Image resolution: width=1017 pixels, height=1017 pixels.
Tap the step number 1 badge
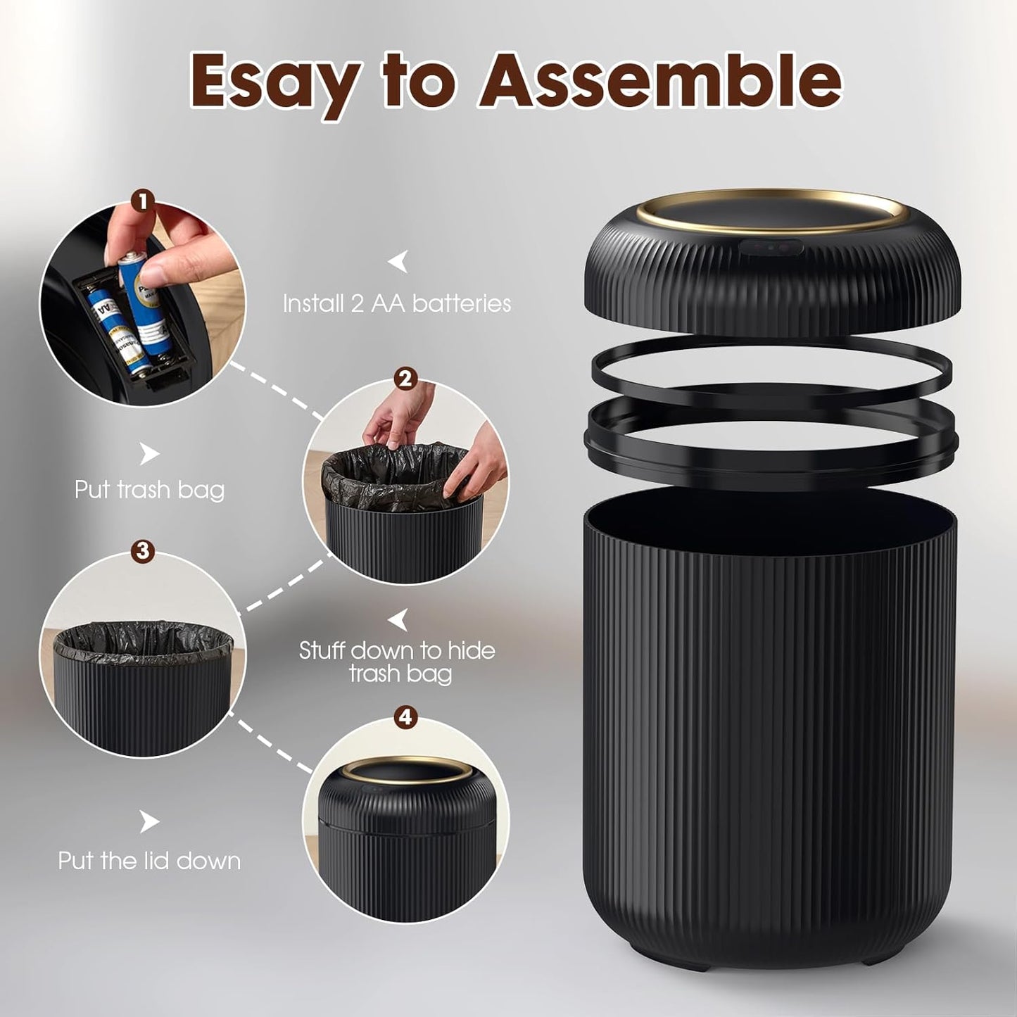point(143,203)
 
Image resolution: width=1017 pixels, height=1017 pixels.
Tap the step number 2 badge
point(405,379)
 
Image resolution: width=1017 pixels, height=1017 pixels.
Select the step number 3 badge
point(143,550)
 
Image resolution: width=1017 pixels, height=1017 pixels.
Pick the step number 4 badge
point(405,717)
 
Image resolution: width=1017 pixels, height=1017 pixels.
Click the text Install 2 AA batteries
point(396,303)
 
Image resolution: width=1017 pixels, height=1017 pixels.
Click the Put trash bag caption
point(149,489)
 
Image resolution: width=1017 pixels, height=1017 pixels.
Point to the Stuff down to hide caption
point(397,650)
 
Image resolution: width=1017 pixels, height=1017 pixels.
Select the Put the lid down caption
point(149,860)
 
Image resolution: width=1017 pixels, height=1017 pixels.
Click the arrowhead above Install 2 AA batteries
point(398,262)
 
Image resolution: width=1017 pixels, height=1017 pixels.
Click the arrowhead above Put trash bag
point(149,454)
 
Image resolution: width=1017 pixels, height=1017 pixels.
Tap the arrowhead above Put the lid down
point(149,821)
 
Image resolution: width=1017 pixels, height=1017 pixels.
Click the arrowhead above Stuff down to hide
point(399,620)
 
